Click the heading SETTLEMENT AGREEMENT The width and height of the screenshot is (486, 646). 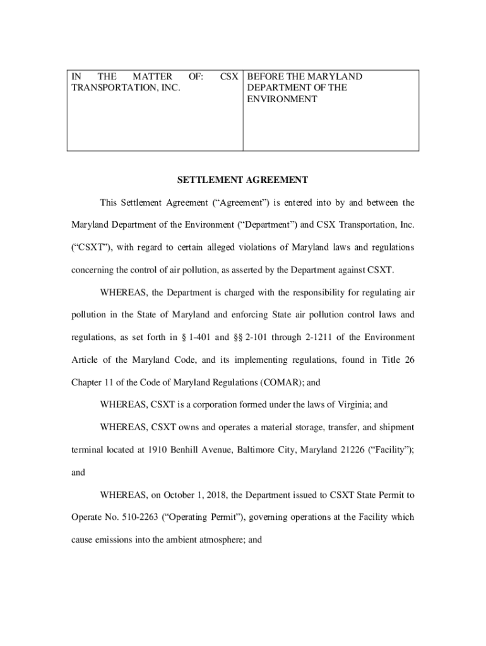coord(242,180)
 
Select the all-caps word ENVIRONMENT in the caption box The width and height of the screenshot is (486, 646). coord(282,99)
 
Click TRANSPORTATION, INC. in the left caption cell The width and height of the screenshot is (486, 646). coord(126,88)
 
